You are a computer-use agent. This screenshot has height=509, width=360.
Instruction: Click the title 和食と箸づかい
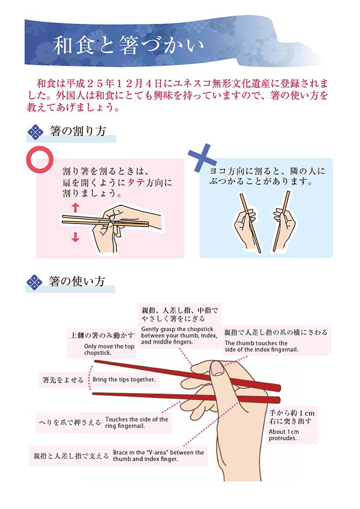128,45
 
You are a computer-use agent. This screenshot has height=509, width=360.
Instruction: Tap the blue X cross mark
202,157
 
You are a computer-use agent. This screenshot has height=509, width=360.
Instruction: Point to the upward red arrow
75,207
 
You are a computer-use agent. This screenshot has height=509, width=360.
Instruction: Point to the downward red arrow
76,237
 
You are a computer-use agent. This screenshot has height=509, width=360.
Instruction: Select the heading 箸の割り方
78,131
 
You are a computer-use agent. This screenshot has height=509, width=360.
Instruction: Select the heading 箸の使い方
77,281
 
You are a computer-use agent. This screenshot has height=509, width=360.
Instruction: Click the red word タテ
136,182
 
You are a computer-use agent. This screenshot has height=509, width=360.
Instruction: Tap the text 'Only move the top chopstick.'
109,350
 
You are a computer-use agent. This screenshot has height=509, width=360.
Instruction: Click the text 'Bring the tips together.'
124,380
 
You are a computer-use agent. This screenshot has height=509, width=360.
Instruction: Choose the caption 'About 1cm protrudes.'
283,435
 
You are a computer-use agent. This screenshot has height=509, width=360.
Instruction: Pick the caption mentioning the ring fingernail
137,422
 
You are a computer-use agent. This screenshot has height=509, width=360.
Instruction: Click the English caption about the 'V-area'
158,456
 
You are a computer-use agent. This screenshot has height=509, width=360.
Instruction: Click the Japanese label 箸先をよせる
63,380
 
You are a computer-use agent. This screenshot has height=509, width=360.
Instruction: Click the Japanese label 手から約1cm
292,413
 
